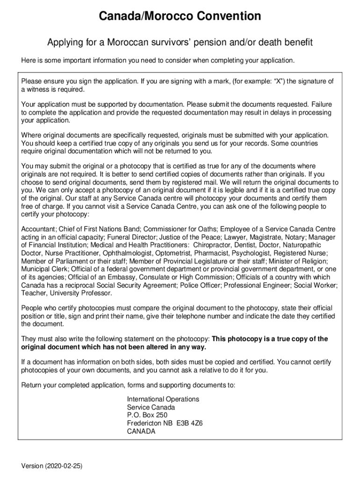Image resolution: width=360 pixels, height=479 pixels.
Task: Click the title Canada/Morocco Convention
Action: [x=180, y=16]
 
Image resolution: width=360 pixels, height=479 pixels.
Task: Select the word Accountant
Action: [x=39, y=229]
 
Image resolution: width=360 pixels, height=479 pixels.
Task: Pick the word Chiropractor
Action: [x=215, y=245]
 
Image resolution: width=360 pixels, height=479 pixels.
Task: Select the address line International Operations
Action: [x=163, y=399]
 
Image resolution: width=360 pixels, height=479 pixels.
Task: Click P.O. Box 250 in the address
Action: [x=147, y=415]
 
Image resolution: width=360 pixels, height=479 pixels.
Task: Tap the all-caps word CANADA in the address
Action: [x=141, y=431]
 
